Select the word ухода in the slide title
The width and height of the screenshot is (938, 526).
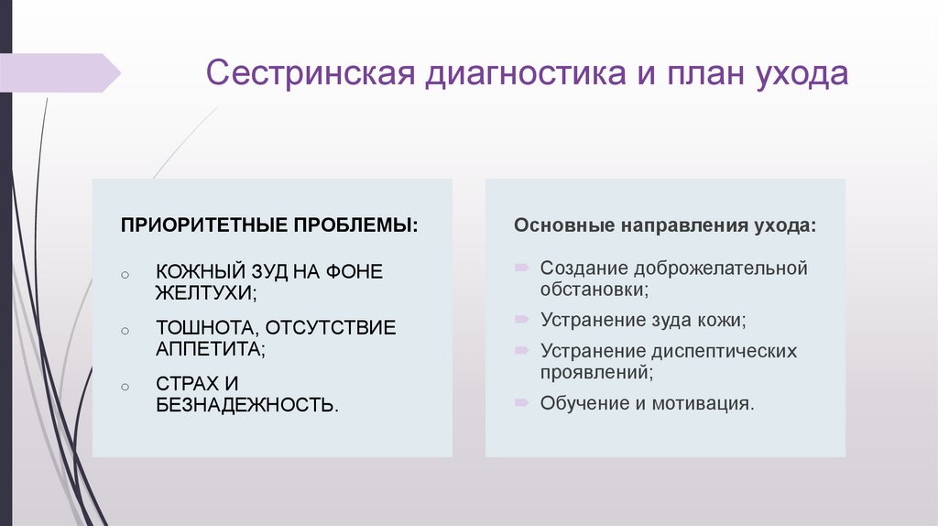click(797, 74)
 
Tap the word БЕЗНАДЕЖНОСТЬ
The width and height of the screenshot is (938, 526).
click(246, 404)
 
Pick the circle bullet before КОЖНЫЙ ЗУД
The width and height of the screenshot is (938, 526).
click(125, 274)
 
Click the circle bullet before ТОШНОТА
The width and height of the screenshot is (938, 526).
click(125, 329)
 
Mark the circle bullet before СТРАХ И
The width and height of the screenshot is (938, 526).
click(125, 385)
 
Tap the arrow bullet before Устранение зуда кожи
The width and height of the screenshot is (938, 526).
click(520, 320)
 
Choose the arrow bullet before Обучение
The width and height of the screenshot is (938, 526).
click(520, 402)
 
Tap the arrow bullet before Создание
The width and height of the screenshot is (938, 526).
click(520, 268)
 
